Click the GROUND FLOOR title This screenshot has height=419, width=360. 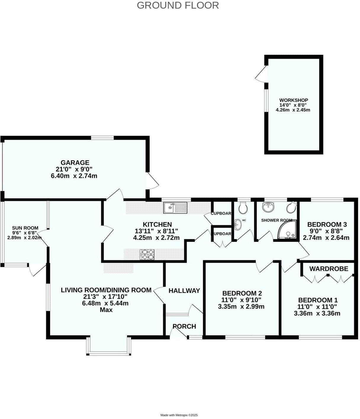[178, 5]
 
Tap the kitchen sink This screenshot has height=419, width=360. [175, 207]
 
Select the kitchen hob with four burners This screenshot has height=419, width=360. [147, 254]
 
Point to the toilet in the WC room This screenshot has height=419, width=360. [243, 208]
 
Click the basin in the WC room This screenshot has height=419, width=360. [237, 225]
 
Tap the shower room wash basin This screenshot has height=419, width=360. [269, 207]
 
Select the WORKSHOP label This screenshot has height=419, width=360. [293, 100]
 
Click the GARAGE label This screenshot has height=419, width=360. [75, 162]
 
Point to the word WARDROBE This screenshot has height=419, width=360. [329, 269]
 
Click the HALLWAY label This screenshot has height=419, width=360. [184, 291]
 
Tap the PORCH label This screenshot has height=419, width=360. [184, 326]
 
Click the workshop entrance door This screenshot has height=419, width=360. [261, 74]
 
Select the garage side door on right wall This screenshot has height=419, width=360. [153, 181]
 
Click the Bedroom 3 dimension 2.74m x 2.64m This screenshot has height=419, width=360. [326, 238]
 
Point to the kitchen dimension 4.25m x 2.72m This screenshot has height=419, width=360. [156, 238]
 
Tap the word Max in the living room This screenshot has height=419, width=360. [106, 310]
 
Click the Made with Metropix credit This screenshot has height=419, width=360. [179, 415]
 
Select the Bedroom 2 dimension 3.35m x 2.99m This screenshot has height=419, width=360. [241, 307]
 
